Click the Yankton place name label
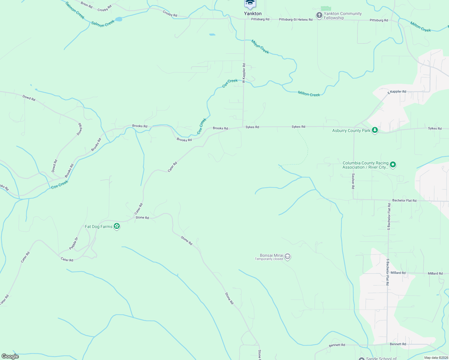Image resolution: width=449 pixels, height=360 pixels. pyautogui.click(x=253, y=13)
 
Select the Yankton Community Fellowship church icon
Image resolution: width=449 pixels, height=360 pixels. pyautogui.click(x=319, y=15)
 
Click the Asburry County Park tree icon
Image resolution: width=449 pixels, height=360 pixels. pyautogui.click(x=375, y=130)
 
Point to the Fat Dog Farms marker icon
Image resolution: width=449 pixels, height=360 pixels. pyautogui.click(x=117, y=226)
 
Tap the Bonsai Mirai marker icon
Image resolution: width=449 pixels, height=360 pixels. pyautogui.click(x=288, y=256)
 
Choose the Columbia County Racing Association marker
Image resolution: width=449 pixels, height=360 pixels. pyautogui.click(x=393, y=165)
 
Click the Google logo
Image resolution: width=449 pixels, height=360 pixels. pyautogui.click(x=10, y=356)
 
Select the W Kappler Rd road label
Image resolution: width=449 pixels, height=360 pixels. pyautogui.click(x=244, y=73)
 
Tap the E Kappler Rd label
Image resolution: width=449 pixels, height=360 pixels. pyautogui.click(x=397, y=92)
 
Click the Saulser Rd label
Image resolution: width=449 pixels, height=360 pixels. pyautogui.click(x=353, y=181)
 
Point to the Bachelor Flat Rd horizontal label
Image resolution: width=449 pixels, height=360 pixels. pyautogui.click(x=404, y=200)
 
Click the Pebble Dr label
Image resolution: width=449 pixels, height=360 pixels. pyautogui.click(x=74, y=243)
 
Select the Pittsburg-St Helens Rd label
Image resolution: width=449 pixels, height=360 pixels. pyautogui.click(x=296, y=19)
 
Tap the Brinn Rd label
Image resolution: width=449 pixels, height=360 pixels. pyautogui.click(x=86, y=4)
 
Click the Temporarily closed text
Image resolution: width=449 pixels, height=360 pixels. pyautogui.click(x=269, y=259)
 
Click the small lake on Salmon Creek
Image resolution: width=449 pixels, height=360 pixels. pyautogui.click(x=119, y=19)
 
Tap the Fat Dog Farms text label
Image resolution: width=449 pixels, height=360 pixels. pyautogui.click(x=98, y=226)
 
